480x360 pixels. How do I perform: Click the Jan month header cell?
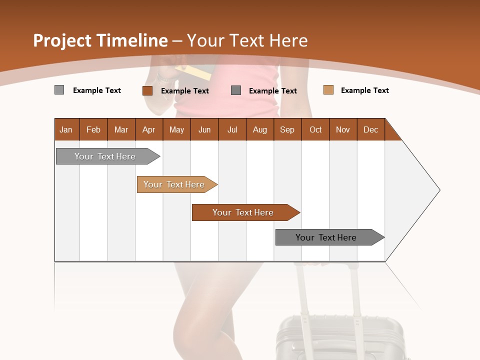click(66, 129)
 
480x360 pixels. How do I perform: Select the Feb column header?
click(93, 129)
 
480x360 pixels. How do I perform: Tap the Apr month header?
click(148, 129)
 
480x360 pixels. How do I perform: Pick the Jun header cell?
click(204, 129)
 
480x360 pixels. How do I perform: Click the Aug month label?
click(259, 129)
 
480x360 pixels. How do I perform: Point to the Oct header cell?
click(315, 129)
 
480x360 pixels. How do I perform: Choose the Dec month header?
click(370, 129)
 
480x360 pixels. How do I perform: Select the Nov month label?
click(342, 129)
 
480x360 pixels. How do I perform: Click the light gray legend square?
click(59, 90)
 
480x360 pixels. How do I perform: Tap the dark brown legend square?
click(147, 90)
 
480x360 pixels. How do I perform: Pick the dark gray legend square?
click(236, 90)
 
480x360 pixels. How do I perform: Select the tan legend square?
click(328, 90)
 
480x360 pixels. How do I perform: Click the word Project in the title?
click(62, 40)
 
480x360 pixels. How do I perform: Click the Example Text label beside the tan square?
click(364, 90)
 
